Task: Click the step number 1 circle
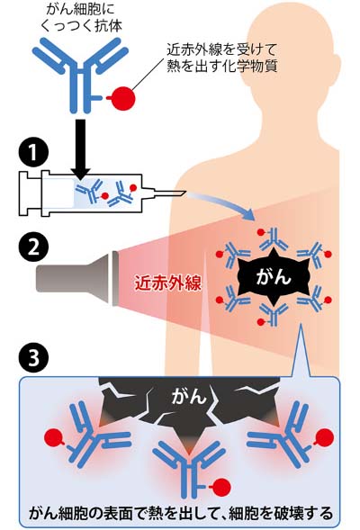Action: pyautogui.click(x=33, y=153)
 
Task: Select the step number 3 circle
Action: pyautogui.click(x=33, y=357)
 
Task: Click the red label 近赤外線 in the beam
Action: pyautogui.click(x=168, y=284)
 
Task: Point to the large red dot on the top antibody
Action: pyautogui.click(x=123, y=98)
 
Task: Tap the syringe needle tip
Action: pyautogui.click(x=186, y=193)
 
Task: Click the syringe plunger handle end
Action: pyautogui.click(x=22, y=193)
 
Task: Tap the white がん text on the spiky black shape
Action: pyautogui.click(x=274, y=278)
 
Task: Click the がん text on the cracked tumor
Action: pyautogui.click(x=189, y=395)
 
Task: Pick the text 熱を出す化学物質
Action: pyautogui.click(x=222, y=67)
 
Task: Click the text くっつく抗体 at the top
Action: pyautogui.click(x=81, y=25)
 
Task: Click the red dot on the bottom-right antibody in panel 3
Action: pyautogui.click(x=324, y=436)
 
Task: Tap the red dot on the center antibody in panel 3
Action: pyautogui.click(x=221, y=487)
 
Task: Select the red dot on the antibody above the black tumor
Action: pyautogui.click(x=261, y=232)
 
